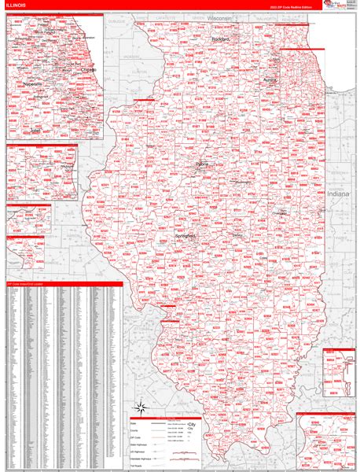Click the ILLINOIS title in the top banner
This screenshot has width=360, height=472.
pyautogui.click(x=17, y=6)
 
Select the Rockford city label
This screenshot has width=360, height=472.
pyautogui.click(x=220, y=38)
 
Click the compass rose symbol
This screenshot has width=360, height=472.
pyautogui.click(x=141, y=407)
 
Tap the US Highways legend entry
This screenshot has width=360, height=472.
pyautogui.click(x=138, y=447)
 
